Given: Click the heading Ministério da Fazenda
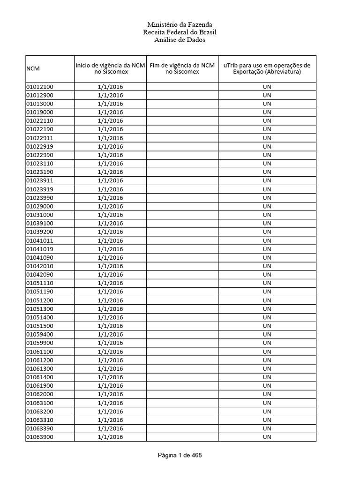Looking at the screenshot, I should tap(180, 24).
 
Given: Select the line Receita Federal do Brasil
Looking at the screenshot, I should tap(180, 32).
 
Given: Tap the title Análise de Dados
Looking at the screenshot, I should tap(180, 40).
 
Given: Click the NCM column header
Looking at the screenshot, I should tap(33, 69).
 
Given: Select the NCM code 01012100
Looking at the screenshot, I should tap(40, 87).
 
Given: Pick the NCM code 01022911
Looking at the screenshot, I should tap(40, 138).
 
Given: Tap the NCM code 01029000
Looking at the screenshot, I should tap(40, 206).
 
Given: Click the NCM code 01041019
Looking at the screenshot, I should tap(40, 249).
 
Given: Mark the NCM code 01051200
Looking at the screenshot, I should tap(40, 300).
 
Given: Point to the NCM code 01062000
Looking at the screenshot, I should tap(40, 394).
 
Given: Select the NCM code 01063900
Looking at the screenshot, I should tap(40, 437).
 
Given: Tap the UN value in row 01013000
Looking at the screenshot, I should tap(267, 104).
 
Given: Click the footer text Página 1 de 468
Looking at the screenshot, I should tap(180, 455).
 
